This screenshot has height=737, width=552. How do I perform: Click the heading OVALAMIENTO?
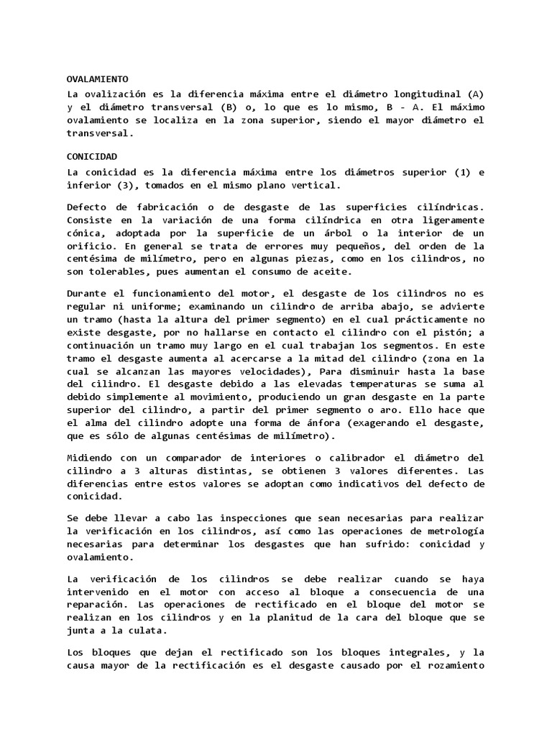[97, 79]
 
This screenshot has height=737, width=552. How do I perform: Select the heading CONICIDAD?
[91, 155]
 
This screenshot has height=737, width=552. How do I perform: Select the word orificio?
[90, 245]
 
